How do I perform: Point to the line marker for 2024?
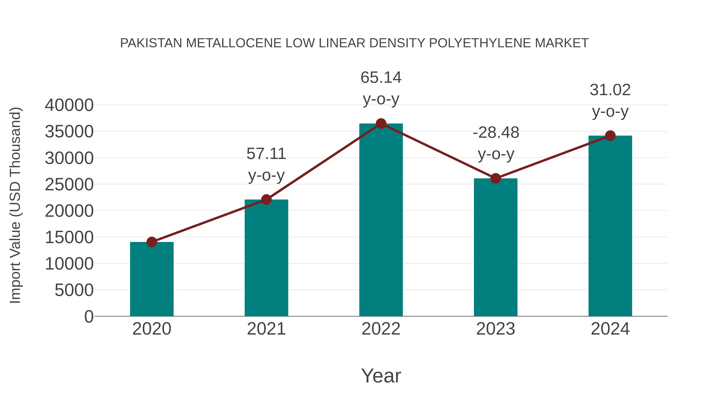610,136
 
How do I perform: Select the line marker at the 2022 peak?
381,124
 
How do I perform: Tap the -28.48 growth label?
496,133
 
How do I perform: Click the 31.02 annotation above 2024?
610,90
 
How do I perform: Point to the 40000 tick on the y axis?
69,105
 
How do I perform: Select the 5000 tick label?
74,290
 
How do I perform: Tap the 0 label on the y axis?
89,317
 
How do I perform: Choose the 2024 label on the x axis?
610,329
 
